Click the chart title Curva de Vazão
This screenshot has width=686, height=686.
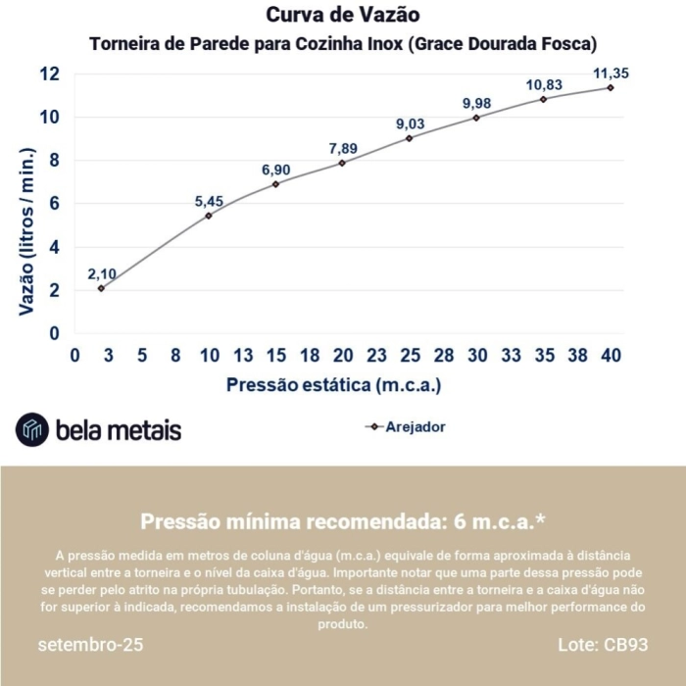343,16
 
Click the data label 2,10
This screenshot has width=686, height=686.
102,273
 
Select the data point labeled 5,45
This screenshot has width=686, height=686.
209,216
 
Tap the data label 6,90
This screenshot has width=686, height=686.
276,171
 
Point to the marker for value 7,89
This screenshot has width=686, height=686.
342,163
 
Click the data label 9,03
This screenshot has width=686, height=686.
410,123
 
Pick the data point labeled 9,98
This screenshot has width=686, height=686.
476,118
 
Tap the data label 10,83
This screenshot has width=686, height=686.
543,85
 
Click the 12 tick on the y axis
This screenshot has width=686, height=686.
49,74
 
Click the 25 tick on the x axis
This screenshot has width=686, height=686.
410,355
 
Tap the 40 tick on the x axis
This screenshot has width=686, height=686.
611,355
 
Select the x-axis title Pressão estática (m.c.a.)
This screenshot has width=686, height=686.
333,384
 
